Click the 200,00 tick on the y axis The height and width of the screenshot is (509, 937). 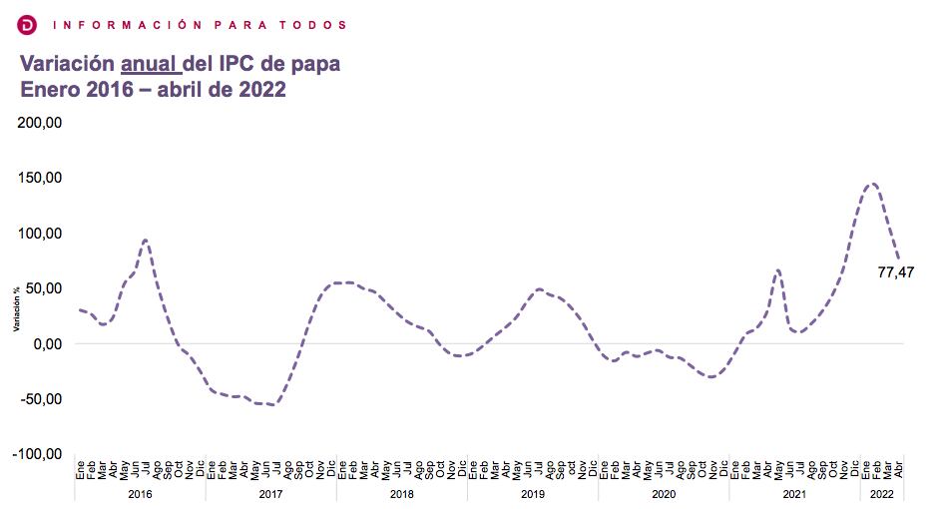tap(41, 123)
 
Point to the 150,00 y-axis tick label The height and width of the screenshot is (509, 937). tap(41, 178)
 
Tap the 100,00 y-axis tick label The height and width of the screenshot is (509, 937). tap(41, 234)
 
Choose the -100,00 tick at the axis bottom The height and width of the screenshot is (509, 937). tap(39, 454)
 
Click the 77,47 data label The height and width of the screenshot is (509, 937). tap(896, 271)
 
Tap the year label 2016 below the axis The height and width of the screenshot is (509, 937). tap(140, 494)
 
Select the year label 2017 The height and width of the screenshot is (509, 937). tap(270, 494)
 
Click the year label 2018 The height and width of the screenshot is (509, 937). tap(401, 494)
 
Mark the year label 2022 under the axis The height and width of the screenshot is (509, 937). tap(882, 494)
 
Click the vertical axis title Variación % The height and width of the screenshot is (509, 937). tap(16, 308)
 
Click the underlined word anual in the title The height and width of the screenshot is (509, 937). tap(151, 64)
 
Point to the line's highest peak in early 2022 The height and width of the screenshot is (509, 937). tap(872, 184)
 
